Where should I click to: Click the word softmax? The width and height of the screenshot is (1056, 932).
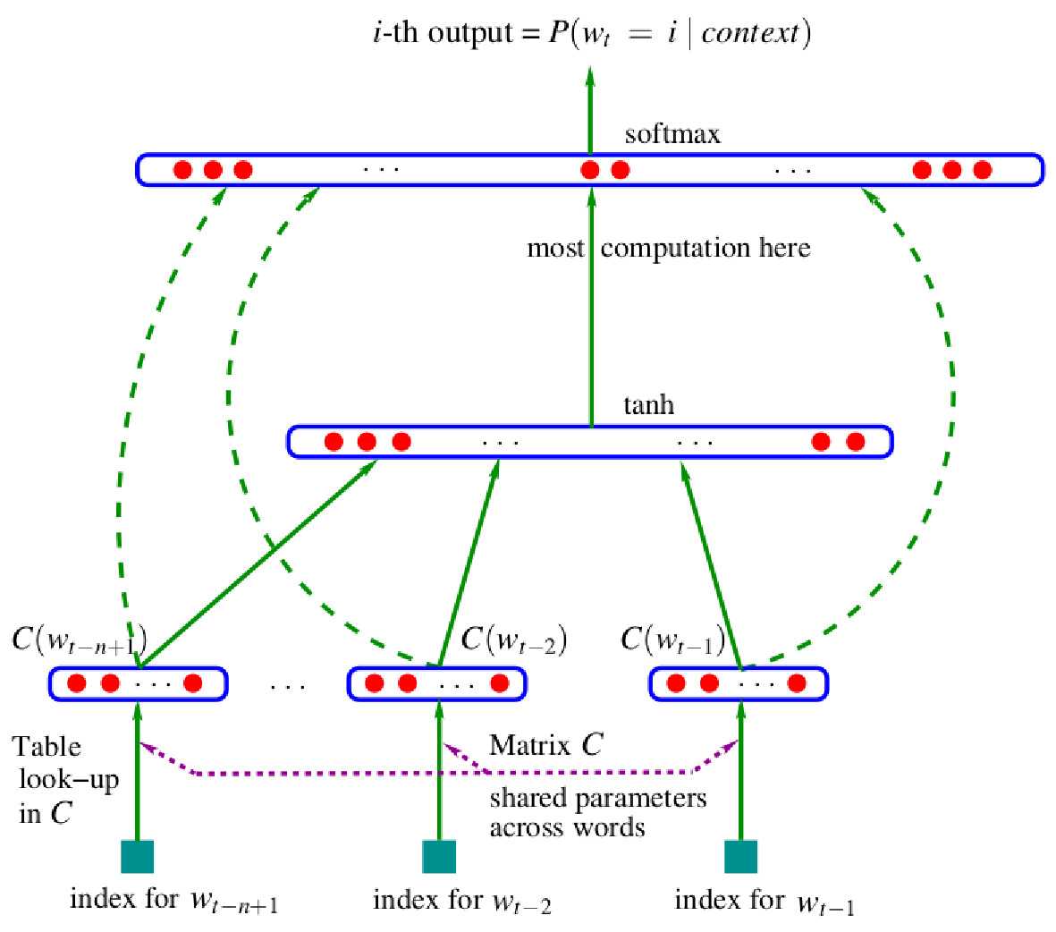(672, 134)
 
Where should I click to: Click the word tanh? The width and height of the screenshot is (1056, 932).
(648, 405)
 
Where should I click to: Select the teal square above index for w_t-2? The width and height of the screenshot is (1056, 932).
(439, 856)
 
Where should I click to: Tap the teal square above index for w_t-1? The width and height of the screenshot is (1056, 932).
(740, 856)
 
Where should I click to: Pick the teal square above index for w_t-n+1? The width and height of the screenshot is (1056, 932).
(138, 856)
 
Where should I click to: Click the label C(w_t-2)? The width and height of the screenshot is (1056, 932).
(513, 640)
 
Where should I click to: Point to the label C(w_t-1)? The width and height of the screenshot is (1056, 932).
(672, 640)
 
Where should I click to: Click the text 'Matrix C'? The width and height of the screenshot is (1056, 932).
(545, 745)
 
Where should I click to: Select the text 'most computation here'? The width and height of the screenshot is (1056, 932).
(668, 248)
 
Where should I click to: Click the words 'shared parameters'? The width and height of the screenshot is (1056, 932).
(597, 797)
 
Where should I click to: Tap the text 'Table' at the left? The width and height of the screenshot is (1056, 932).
(46, 747)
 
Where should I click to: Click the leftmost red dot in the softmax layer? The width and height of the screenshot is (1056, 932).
(182, 170)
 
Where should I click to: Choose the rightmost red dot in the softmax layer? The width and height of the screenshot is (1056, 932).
(982, 170)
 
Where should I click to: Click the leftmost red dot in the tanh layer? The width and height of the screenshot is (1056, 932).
(334, 442)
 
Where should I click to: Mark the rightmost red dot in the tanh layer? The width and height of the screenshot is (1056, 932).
(855, 442)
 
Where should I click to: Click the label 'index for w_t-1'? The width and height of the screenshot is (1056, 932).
(764, 901)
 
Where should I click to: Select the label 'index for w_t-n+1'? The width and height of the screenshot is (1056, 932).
(173, 901)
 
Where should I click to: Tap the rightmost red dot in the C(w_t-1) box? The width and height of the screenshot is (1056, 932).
(796, 684)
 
